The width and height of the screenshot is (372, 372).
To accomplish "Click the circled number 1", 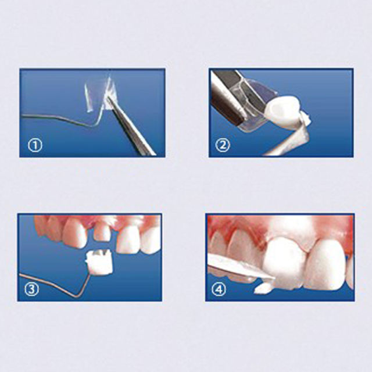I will coord(36,145).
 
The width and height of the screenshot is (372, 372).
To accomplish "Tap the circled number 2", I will coord(223,145).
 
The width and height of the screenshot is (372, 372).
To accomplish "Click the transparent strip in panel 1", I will coord(97,94).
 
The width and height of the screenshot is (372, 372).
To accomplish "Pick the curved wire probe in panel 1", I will coord(58,120).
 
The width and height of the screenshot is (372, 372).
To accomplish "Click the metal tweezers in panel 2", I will coord(227,99).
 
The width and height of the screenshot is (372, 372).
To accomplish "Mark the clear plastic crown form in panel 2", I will coord(256,102).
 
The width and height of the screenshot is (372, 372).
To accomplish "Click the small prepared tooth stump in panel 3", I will coord(102,231).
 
